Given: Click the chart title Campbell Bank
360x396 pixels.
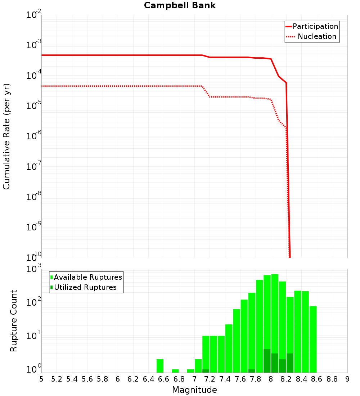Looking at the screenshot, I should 180,5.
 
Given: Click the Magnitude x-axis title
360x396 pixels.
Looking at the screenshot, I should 194,390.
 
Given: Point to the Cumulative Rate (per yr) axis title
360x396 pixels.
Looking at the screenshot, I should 7,136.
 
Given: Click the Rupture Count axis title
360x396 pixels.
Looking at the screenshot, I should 14,321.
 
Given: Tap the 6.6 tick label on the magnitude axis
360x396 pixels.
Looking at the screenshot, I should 164,379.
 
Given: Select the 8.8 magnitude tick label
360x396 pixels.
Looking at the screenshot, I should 332,379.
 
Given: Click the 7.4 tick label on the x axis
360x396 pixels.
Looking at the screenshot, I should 225,379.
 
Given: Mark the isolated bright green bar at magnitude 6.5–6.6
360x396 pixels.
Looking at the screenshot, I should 160,366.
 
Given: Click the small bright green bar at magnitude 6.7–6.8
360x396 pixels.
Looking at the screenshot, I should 175,371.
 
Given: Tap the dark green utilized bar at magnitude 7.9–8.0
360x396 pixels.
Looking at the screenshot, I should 267,361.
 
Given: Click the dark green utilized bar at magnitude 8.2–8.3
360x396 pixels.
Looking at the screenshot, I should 290,363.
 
